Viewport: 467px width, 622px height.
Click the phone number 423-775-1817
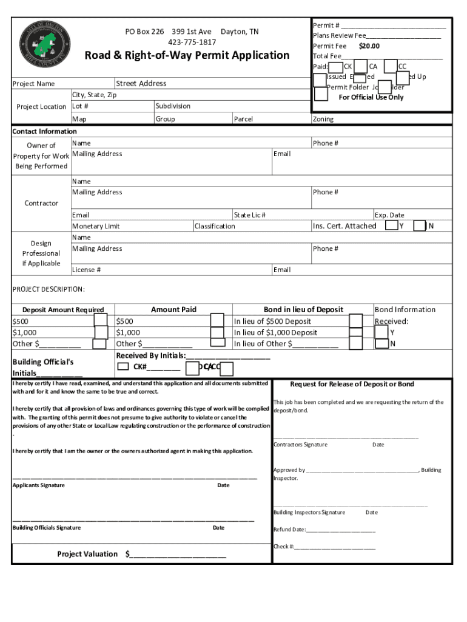[192, 42]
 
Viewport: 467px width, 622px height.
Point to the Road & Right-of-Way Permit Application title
[187, 56]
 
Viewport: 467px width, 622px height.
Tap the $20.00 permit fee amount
[369, 46]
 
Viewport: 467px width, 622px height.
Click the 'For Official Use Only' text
[371, 97]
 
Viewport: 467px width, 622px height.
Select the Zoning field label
[323, 119]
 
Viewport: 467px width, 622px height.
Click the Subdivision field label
[173, 106]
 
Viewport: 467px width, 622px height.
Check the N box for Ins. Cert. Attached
[419, 226]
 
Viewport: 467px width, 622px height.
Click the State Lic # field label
[250, 215]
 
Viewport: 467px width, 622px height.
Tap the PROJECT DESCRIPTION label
[49, 289]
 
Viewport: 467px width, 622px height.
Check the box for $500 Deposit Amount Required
[101, 321]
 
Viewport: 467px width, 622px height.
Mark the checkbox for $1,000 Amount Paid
[217, 332]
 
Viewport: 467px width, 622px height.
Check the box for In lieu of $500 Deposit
[356, 321]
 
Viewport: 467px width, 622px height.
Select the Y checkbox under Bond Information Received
[381, 332]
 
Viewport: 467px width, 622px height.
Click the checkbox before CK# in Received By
[123, 366]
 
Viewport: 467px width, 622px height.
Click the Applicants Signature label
[39, 485]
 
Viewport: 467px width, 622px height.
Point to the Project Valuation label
[87, 554]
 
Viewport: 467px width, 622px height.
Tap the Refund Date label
[289, 530]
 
